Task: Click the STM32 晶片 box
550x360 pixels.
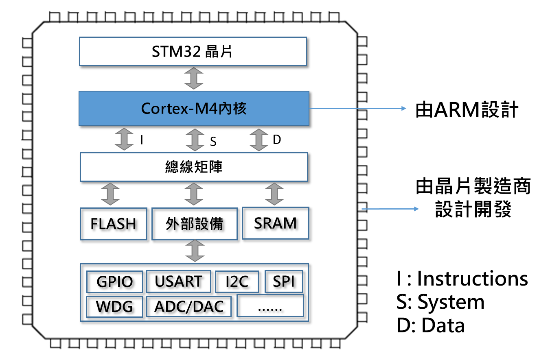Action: tap(193, 52)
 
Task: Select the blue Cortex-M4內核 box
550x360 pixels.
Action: tap(194, 108)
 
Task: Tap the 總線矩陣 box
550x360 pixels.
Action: tap(194, 167)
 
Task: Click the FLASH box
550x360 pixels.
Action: tap(113, 224)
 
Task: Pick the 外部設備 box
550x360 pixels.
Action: tap(194, 224)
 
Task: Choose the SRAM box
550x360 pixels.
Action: tap(275, 223)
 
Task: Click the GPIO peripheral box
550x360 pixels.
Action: tap(115, 281)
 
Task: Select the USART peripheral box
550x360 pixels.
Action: tap(178, 281)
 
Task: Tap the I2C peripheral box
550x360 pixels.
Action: tap(237, 281)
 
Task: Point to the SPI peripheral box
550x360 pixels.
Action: tap(284, 281)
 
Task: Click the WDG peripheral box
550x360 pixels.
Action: tap(115, 306)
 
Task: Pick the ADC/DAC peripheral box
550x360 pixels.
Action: tap(189, 306)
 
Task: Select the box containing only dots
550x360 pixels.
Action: tap(270, 306)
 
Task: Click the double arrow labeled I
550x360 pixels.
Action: tap(124, 140)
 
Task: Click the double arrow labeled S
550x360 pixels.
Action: tap(195, 140)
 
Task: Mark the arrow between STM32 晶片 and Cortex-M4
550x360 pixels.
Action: tap(193, 78)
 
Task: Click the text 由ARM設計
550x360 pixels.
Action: tap(467, 110)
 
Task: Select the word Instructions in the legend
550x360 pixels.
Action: tap(472, 279)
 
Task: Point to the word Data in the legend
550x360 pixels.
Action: tap(443, 326)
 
